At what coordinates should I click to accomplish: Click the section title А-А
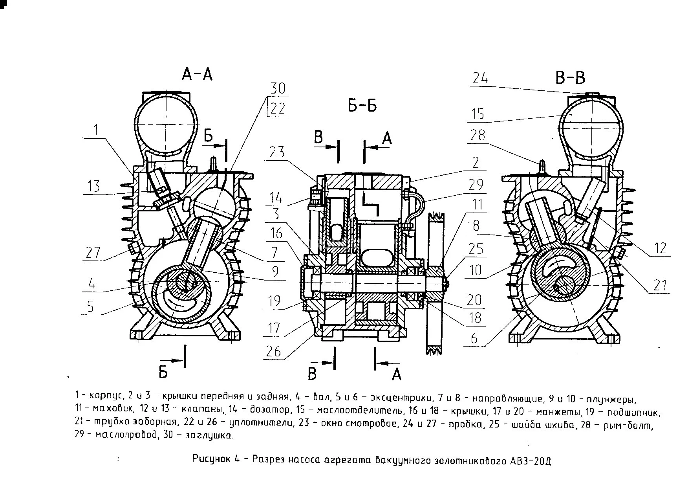click(x=197, y=74)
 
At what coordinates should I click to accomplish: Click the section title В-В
click(x=570, y=78)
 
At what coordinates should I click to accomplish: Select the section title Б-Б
click(x=362, y=106)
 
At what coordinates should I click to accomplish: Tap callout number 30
click(x=277, y=88)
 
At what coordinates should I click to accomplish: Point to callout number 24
click(x=480, y=78)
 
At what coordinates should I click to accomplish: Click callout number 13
click(x=93, y=186)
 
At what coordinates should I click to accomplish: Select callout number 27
click(x=93, y=253)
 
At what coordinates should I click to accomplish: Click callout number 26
click(x=273, y=351)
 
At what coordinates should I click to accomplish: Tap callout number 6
click(x=474, y=338)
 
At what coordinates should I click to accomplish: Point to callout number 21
click(x=660, y=285)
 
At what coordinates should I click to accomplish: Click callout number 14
click(x=276, y=198)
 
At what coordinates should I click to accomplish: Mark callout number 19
click(x=274, y=301)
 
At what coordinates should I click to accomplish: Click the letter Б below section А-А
click(x=163, y=371)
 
